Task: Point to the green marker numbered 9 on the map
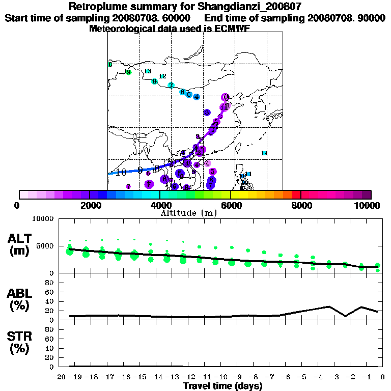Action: tap(128, 72)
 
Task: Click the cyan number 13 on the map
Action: tap(148, 71)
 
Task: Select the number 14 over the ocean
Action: tap(264, 153)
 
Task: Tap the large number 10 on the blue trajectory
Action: tap(121, 173)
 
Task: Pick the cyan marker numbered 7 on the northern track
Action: tap(171, 85)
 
